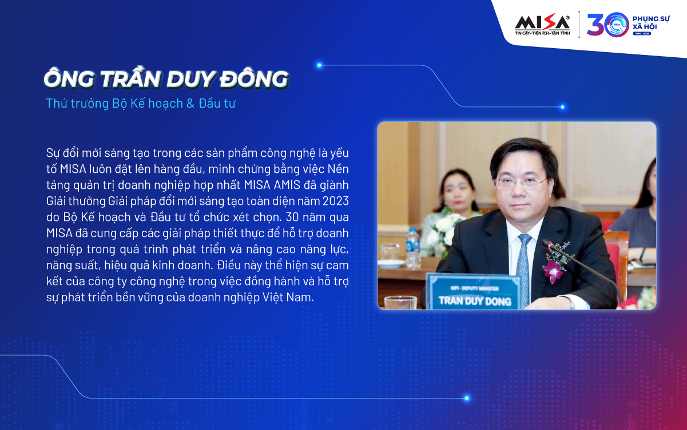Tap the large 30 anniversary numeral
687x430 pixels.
pos(607,25)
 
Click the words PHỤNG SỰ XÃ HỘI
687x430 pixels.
pos(651,23)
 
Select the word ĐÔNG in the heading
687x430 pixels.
pos(254,79)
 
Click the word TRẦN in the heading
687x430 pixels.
pos(130,78)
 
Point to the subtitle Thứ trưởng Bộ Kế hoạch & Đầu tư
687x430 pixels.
pos(141,104)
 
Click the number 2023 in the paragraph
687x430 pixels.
pos(335,201)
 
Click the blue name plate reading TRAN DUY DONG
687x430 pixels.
pos(474,291)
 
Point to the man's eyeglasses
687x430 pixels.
pos(521,183)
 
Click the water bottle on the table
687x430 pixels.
pos(412,248)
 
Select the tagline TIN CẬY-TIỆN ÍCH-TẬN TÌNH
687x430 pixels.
pos(542,33)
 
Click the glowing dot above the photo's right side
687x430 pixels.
pos(562,107)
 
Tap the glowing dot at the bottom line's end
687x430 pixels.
pos(467,398)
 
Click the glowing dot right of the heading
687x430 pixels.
pos(319,65)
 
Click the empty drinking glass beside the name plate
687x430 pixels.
pos(400,302)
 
